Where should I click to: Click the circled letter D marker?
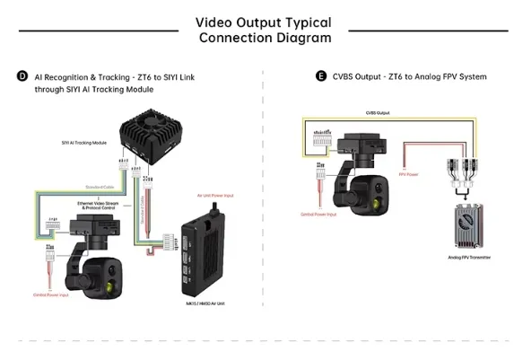coord(22,77)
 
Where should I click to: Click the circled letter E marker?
coord(321,77)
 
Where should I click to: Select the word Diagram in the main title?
coord(302,38)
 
